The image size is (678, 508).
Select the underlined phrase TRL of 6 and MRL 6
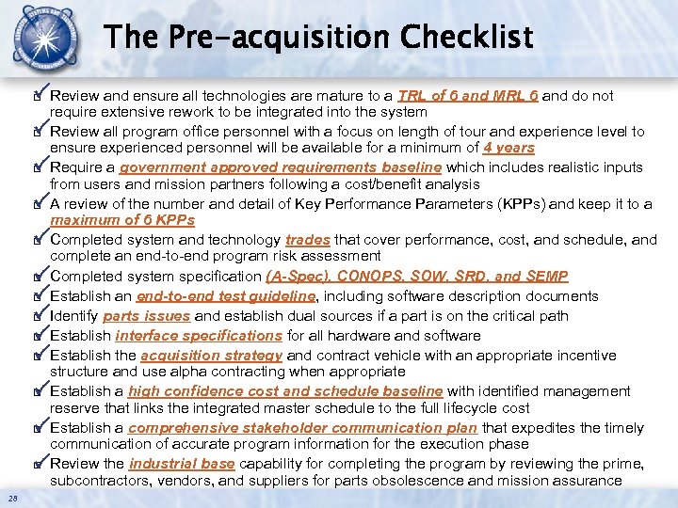click(468, 96)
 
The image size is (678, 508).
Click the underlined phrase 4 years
click(508, 148)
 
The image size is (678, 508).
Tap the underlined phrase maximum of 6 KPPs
click(122, 220)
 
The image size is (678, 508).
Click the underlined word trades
click(307, 240)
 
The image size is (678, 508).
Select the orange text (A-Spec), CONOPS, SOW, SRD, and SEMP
click(417, 277)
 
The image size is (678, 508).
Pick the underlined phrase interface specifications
click(199, 336)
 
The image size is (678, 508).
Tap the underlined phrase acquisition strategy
click(211, 356)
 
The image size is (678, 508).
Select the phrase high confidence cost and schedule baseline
click(285, 391)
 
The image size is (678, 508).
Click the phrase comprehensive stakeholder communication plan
click(303, 428)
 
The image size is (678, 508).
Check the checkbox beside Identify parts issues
click(39, 315)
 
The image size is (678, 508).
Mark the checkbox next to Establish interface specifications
click(39, 335)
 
